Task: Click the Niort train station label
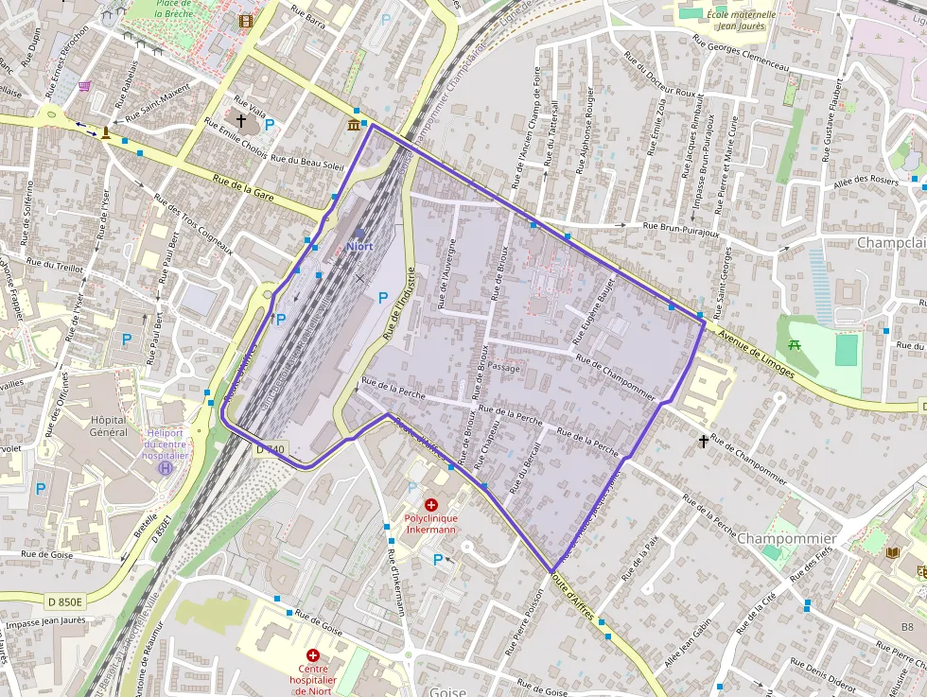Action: [x=359, y=246]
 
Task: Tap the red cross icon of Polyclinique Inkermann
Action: [x=431, y=506]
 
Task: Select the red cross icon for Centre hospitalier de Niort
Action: [x=312, y=655]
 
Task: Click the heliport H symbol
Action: [x=166, y=468]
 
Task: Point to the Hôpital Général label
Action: [x=108, y=426]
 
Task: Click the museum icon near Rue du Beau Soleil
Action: [x=354, y=125]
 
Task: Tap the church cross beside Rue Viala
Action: [x=240, y=121]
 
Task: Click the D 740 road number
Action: [x=270, y=449]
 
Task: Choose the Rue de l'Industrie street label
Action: [x=399, y=303]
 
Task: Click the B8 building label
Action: [x=907, y=627]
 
